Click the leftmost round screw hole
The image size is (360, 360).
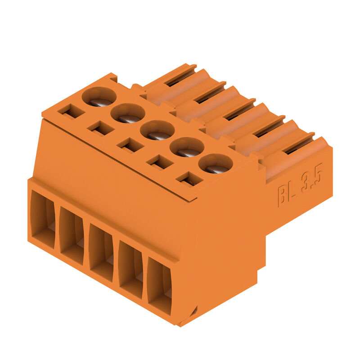[99, 97]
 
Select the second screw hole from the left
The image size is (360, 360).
[128, 113]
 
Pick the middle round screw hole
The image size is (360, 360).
[157, 130]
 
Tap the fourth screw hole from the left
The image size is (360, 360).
[187, 147]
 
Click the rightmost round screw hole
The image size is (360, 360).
[216, 164]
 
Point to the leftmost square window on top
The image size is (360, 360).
[71, 112]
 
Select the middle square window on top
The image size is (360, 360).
[130, 145]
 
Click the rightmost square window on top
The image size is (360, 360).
[189, 179]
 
